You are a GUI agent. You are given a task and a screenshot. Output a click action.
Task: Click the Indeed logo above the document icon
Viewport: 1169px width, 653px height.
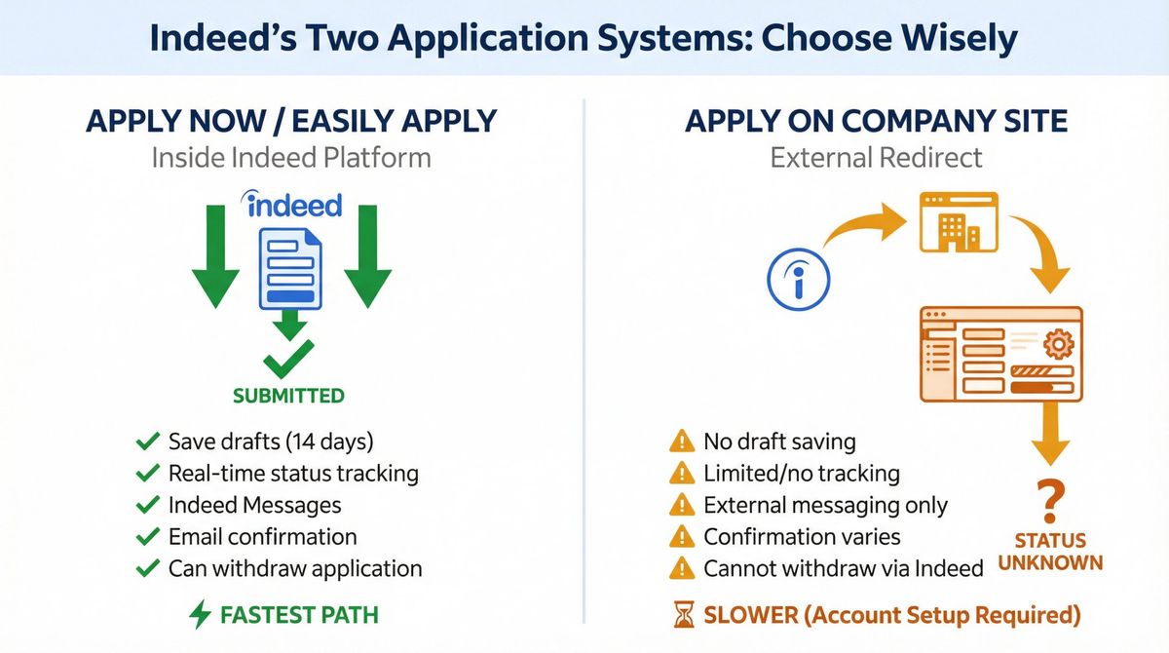[291, 205]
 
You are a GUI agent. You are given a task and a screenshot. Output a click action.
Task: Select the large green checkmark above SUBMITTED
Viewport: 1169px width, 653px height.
[288, 358]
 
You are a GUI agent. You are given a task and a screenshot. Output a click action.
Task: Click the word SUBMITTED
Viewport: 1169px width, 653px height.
[288, 396]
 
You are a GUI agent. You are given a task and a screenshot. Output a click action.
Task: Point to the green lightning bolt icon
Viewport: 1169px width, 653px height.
[200, 615]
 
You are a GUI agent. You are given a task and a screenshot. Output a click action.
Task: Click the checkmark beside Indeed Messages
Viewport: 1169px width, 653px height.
[148, 506]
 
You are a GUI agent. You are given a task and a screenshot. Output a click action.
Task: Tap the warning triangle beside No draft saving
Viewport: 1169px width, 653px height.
[682, 442]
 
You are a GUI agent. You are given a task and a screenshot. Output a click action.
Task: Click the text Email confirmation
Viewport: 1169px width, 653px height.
[262, 537]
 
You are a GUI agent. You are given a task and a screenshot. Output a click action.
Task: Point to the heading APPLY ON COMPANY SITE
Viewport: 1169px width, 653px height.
[876, 121]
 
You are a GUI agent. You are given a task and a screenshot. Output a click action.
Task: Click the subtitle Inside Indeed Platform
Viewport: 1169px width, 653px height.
[290, 157]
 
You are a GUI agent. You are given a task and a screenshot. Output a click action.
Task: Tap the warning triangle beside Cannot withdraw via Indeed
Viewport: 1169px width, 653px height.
[682, 568]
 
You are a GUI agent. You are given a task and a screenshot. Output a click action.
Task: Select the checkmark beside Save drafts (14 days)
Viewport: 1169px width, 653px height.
[148, 442]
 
